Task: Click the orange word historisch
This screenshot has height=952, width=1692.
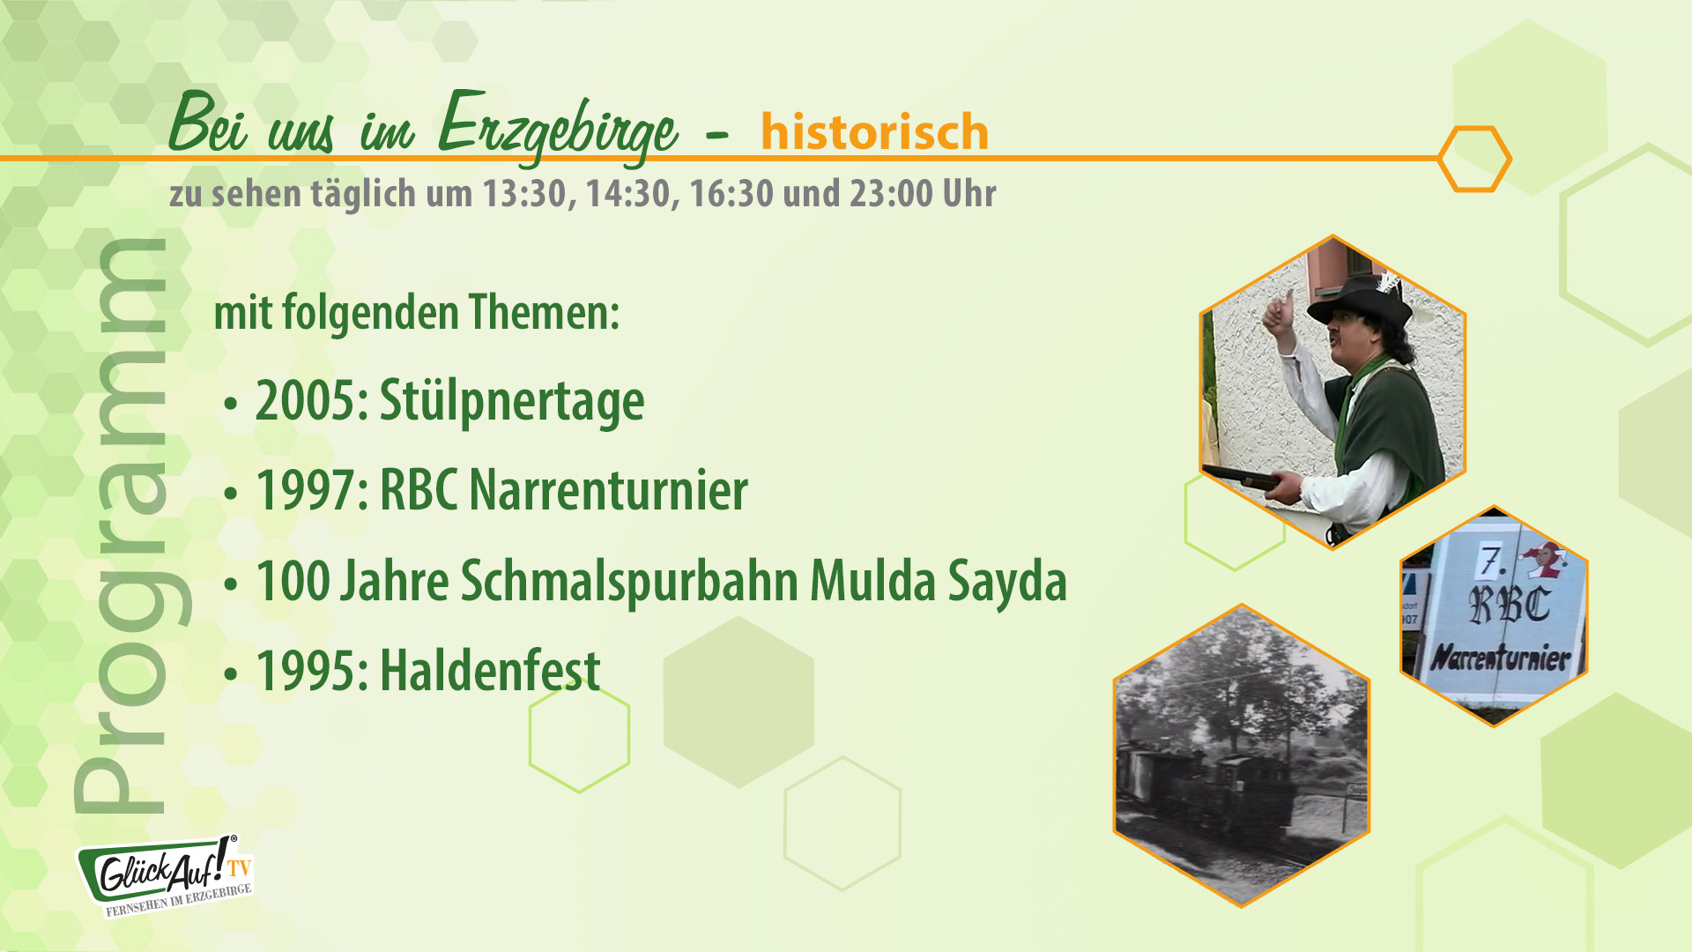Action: tap(874, 132)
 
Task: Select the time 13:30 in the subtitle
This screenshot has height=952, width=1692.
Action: tap(524, 194)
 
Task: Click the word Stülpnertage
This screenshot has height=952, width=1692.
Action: tap(511, 402)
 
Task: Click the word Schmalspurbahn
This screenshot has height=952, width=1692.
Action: tap(629, 582)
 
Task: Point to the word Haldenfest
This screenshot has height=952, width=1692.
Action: tap(490, 671)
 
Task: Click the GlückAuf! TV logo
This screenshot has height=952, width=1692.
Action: tap(167, 875)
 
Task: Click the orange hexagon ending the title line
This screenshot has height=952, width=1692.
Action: tap(1474, 159)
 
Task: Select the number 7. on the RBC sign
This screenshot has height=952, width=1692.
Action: tap(1492, 561)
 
